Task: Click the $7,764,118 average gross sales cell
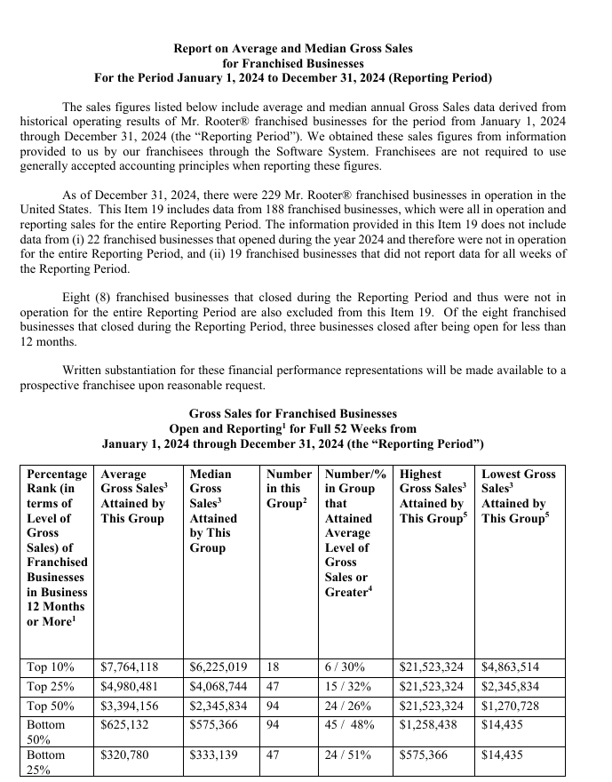pyautogui.click(x=130, y=666)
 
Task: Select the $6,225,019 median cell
pyautogui.click(x=219, y=666)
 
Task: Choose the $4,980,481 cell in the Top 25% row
pyautogui.click(x=130, y=687)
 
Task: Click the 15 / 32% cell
pyautogui.click(x=348, y=687)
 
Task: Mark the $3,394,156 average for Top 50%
pyautogui.click(x=130, y=707)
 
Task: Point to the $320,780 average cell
pyautogui.click(x=124, y=754)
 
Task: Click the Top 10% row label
pyautogui.click(x=51, y=666)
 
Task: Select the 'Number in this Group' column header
pyautogui.click(x=289, y=488)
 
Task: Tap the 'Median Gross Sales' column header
pyautogui.click(x=214, y=510)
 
